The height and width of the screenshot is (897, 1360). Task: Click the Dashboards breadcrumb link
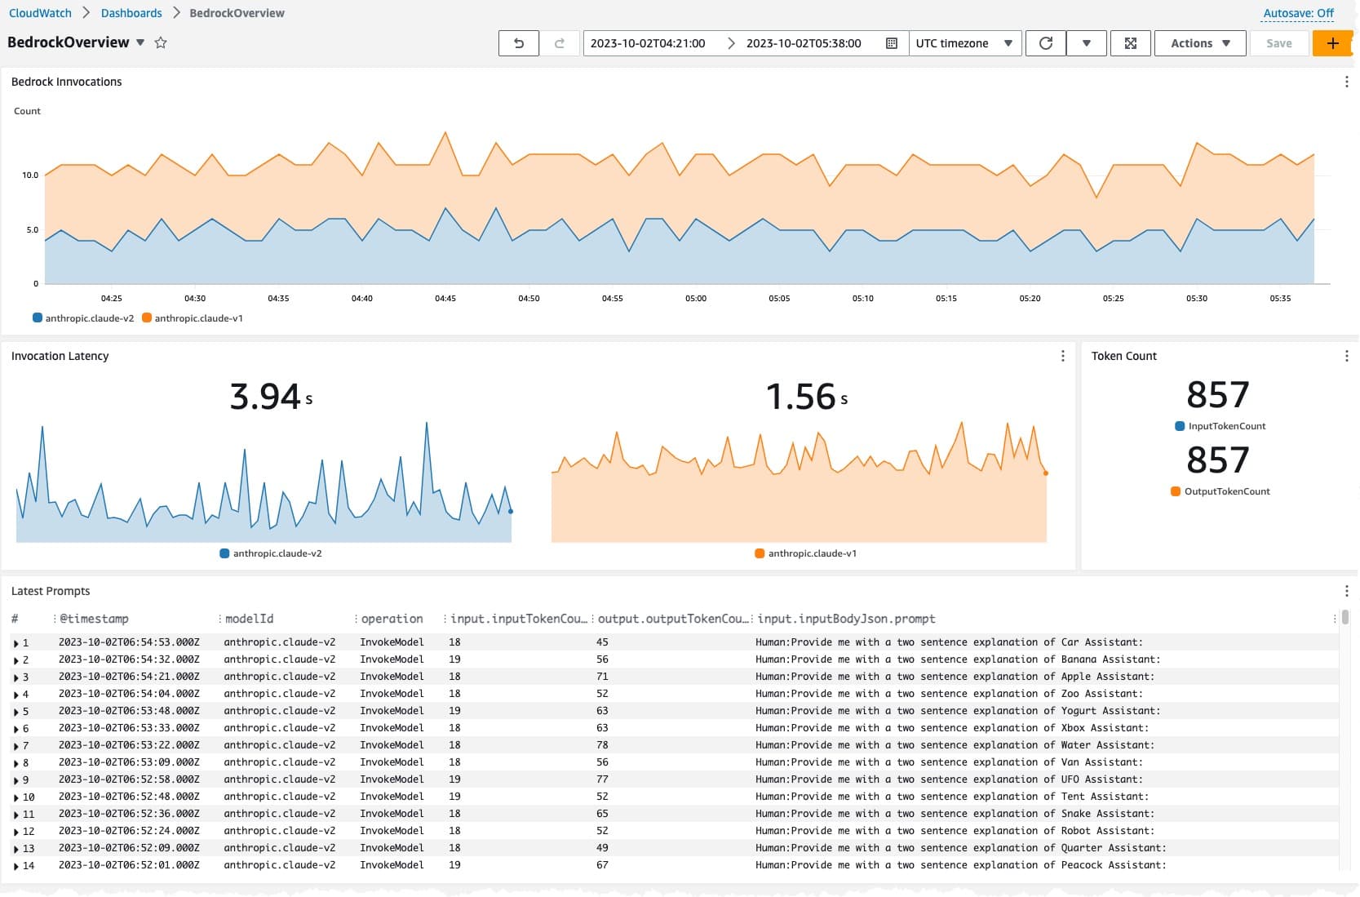[x=131, y=13]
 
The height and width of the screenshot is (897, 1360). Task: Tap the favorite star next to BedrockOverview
[x=160, y=42]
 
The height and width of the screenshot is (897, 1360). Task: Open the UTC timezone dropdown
[x=964, y=43]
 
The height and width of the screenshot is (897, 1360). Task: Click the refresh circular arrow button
[x=1046, y=43]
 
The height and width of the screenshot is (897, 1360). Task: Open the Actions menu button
[x=1200, y=43]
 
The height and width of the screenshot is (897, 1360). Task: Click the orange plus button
[x=1332, y=43]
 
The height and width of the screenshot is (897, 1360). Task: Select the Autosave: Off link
[x=1298, y=13]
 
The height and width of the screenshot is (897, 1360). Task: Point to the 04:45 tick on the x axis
[x=445, y=298]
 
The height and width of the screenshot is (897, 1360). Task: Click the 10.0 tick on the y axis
[x=30, y=175]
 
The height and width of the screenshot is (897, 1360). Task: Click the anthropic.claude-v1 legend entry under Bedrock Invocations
[x=193, y=318]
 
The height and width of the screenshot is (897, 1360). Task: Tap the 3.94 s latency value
[x=271, y=397]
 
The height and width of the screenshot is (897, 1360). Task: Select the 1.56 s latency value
[x=806, y=397]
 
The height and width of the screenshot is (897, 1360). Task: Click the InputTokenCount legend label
[x=1226, y=426]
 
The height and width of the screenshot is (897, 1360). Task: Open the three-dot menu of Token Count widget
[x=1346, y=356]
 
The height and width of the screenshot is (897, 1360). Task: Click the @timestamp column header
[x=94, y=619]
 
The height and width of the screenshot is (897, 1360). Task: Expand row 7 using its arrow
[x=16, y=746]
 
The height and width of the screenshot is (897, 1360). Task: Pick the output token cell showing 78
[x=602, y=745]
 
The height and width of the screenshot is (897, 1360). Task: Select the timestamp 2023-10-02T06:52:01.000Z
[x=129, y=865]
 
